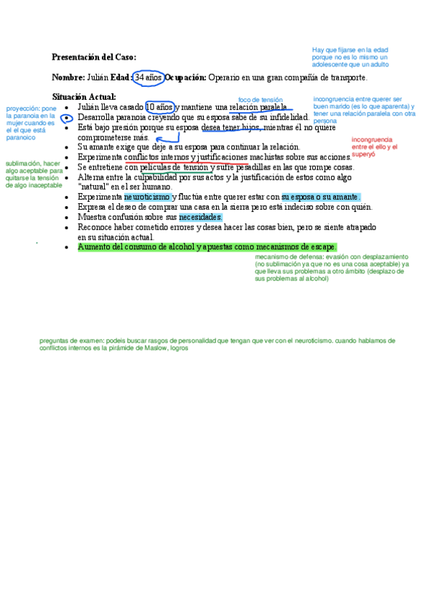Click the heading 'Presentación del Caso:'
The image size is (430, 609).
[x=94, y=57]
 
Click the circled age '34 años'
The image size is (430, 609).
[x=149, y=78]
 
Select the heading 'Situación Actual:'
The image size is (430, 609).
[x=84, y=97]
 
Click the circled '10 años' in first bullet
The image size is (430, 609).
[x=159, y=107]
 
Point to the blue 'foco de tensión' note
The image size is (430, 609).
[x=261, y=100]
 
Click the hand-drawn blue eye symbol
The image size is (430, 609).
[x=67, y=117]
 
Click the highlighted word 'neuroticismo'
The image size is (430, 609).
[x=147, y=197]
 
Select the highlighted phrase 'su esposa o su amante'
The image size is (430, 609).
[x=321, y=197]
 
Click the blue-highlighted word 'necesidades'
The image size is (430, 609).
[x=201, y=217]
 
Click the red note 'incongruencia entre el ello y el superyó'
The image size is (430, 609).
[x=372, y=147]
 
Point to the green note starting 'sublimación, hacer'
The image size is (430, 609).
[x=34, y=174]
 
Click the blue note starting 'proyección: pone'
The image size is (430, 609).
[x=30, y=122]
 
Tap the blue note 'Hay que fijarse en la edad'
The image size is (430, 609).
[x=351, y=57]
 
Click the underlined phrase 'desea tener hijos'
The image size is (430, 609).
[x=231, y=127]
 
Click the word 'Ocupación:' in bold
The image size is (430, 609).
[x=186, y=78]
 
